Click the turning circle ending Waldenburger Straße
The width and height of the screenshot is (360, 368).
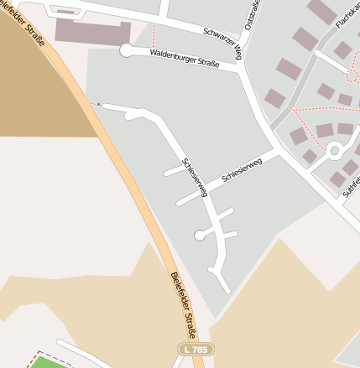tap(127, 51)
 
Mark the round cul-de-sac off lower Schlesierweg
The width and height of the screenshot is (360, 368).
tap(200, 236)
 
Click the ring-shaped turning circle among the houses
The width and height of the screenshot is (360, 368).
tap(333, 151)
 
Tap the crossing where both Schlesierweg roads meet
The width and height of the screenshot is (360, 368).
tap(207, 194)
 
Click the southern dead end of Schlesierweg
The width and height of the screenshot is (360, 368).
tap(227, 290)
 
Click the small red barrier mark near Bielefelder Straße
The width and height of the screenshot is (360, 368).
tap(99, 105)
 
